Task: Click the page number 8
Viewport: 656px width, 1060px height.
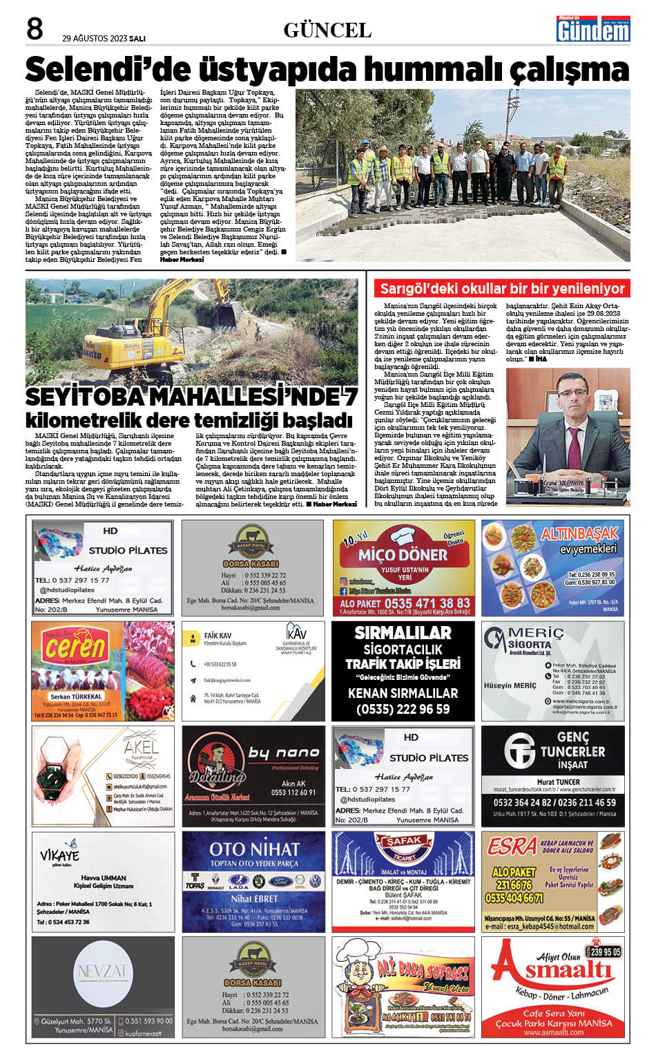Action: coord(35,29)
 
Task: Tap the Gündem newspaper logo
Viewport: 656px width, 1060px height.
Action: coord(593,30)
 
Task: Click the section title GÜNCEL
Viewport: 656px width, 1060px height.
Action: coord(327,30)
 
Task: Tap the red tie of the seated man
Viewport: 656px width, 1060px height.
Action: coord(573,442)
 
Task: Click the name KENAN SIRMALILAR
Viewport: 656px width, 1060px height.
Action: coord(403,693)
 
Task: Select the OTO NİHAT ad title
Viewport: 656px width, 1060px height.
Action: coord(254,849)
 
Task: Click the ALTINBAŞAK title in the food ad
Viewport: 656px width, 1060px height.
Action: coord(579,533)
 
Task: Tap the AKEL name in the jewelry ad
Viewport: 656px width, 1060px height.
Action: coord(141,747)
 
